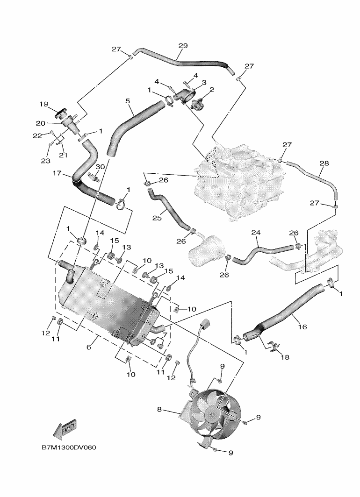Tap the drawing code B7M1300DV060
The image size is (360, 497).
pyautogui.click(x=69, y=447)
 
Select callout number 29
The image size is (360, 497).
pyautogui.click(x=183, y=46)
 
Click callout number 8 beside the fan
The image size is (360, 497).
pyautogui.click(x=159, y=410)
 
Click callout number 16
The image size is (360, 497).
pyautogui.click(x=302, y=326)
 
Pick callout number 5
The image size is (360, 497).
pyautogui.click(x=128, y=101)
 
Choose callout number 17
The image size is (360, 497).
pyautogui.click(x=58, y=173)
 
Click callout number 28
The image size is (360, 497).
pyautogui.click(x=324, y=163)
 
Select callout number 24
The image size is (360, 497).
pyautogui.click(x=256, y=232)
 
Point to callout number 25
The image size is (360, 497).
pyautogui.click(x=157, y=218)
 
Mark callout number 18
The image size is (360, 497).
pyautogui.click(x=285, y=357)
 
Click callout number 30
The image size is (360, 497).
pyautogui.click(x=100, y=167)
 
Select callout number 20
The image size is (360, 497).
pyautogui.click(x=41, y=123)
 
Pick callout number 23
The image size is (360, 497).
pyautogui.click(x=45, y=161)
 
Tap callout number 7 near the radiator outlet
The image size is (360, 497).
pyautogui.click(x=165, y=335)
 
